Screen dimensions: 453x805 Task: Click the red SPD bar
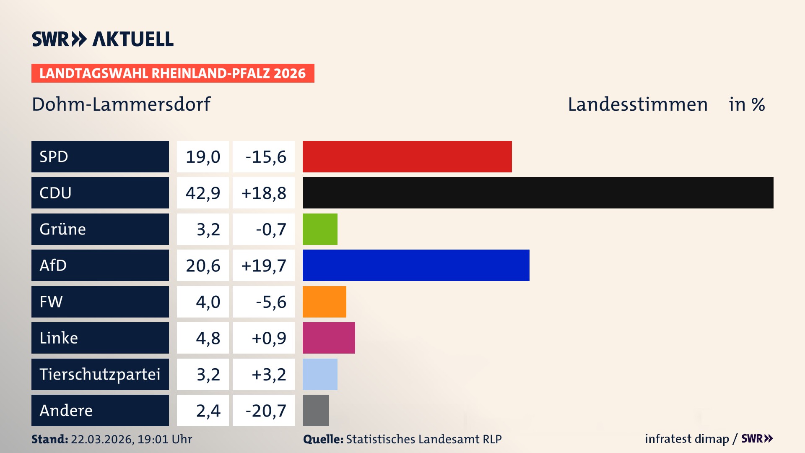(x=407, y=156)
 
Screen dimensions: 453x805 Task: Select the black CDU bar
(x=538, y=193)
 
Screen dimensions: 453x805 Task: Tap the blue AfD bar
(x=415, y=265)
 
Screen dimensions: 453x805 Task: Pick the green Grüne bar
(x=320, y=229)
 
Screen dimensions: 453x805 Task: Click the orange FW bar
(x=324, y=302)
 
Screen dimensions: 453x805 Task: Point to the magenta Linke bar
(x=329, y=338)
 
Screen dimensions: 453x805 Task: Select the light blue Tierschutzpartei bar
(x=320, y=374)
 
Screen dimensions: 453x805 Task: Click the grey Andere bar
(x=315, y=410)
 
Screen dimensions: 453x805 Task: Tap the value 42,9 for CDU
(x=203, y=193)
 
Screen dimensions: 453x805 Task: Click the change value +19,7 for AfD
(x=264, y=266)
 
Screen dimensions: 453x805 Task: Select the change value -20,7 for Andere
(x=265, y=411)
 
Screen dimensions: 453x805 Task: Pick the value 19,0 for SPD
(x=203, y=157)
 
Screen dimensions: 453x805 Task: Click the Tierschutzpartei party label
(x=100, y=374)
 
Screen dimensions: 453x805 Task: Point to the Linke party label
(x=59, y=338)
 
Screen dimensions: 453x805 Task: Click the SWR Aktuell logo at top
(x=102, y=39)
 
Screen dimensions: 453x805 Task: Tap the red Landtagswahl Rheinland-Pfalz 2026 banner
(x=172, y=73)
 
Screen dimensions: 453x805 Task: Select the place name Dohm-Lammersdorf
(x=121, y=104)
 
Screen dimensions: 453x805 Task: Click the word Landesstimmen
(x=637, y=104)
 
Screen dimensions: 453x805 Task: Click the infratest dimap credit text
(x=686, y=439)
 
